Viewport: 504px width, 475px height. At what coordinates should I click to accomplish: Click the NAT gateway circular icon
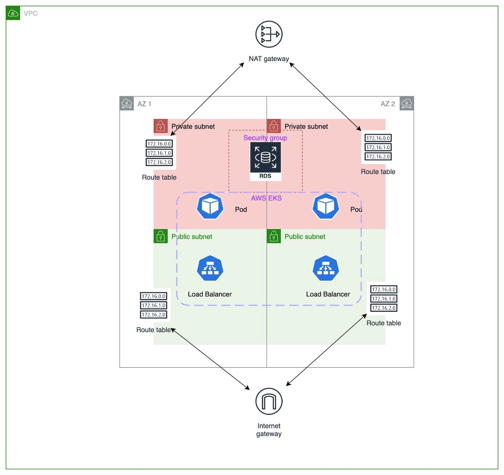click(x=269, y=34)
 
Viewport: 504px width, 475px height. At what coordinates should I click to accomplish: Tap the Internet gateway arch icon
click(x=269, y=401)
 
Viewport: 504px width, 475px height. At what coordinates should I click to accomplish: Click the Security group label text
click(x=265, y=138)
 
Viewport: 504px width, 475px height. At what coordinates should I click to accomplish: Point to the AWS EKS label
click(x=266, y=198)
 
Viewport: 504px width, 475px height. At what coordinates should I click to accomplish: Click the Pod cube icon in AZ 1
click(x=210, y=206)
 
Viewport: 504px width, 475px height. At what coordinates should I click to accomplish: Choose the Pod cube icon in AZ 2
click(x=325, y=206)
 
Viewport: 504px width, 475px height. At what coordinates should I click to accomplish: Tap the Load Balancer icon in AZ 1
click(x=210, y=268)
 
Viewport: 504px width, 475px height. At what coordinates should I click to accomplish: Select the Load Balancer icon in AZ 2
click(x=325, y=268)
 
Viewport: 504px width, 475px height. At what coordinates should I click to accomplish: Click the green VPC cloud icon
click(x=13, y=13)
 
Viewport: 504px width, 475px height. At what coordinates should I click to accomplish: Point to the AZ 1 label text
click(x=144, y=104)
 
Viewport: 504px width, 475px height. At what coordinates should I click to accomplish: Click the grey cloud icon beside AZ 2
click(x=406, y=104)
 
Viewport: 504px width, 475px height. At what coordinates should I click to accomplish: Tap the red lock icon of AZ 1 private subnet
click(x=161, y=126)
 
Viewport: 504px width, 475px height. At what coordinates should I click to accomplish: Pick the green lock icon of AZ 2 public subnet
click(x=274, y=236)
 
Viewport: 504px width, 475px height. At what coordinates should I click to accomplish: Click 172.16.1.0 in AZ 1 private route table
click(x=159, y=153)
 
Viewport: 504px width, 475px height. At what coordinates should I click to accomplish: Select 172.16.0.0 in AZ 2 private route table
click(x=378, y=138)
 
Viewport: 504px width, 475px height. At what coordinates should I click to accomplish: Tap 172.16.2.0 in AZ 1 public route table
click(x=153, y=315)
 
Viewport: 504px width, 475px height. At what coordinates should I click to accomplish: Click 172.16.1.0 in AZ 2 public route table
click(x=383, y=298)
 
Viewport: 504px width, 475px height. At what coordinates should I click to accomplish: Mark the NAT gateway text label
click(x=269, y=59)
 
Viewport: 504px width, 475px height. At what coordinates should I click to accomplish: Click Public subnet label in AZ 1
click(x=192, y=237)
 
